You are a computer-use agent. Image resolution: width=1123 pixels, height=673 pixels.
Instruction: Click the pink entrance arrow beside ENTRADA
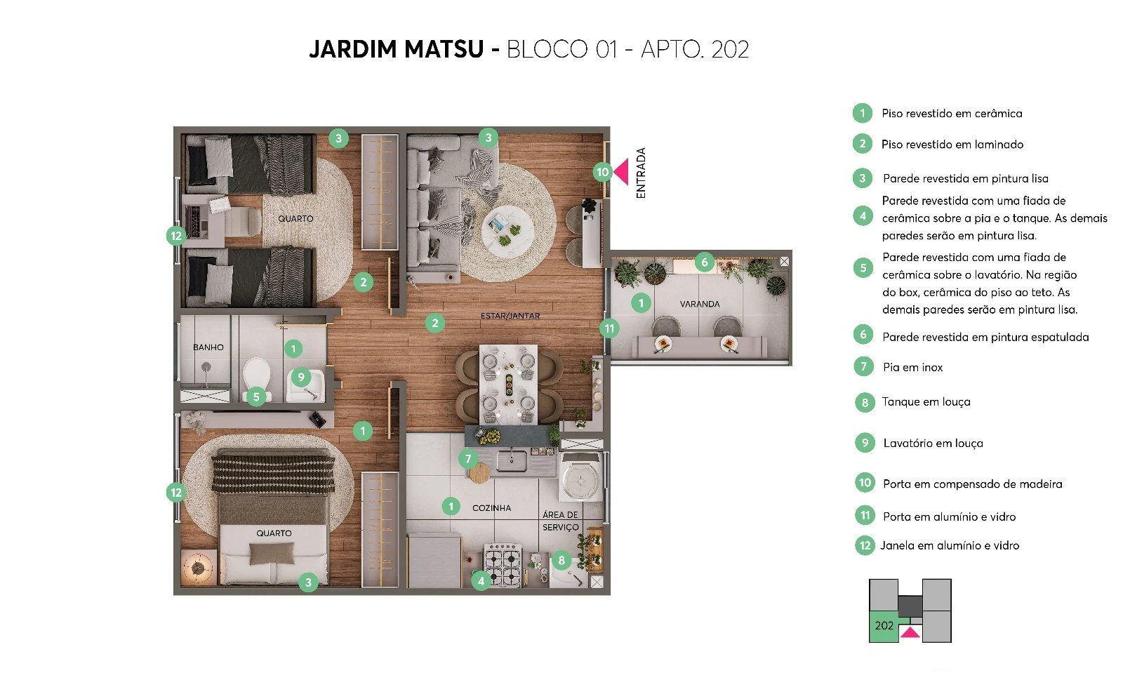pyautogui.click(x=622, y=172)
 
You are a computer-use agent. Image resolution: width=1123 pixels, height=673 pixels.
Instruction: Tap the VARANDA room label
pyautogui.click(x=700, y=304)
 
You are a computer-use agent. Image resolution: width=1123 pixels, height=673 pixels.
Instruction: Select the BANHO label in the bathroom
pyautogui.click(x=208, y=347)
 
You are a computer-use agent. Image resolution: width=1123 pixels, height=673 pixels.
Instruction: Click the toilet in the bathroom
pyautogui.click(x=256, y=374)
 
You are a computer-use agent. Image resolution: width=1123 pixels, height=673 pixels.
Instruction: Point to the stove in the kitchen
pyautogui.click(x=503, y=565)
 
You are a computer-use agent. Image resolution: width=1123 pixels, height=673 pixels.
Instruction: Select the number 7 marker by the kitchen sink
pyautogui.click(x=468, y=459)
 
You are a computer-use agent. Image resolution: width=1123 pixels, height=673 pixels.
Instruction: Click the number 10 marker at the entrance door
pyautogui.click(x=602, y=172)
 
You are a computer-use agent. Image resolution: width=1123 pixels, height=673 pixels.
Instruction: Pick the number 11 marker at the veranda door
pyautogui.click(x=609, y=328)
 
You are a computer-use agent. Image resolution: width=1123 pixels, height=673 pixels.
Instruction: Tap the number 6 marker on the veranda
pyautogui.click(x=705, y=262)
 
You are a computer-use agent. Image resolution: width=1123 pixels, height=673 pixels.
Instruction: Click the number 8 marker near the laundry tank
pyautogui.click(x=561, y=560)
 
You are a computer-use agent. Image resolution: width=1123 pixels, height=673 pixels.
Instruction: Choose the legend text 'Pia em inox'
pyautogui.click(x=912, y=367)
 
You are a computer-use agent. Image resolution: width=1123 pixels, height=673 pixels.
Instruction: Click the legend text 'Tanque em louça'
pyautogui.click(x=926, y=401)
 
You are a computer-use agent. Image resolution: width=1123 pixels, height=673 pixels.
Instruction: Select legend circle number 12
pyautogui.click(x=865, y=545)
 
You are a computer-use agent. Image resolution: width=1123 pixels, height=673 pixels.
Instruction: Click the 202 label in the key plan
pyautogui.click(x=884, y=625)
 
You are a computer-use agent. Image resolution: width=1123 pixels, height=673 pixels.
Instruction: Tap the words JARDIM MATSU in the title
pyautogui.click(x=396, y=49)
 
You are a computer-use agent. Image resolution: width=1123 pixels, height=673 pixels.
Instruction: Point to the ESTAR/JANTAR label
pyautogui.click(x=510, y=316)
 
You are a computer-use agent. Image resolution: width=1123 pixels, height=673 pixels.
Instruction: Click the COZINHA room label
pyautogui.click(x=491, y=507)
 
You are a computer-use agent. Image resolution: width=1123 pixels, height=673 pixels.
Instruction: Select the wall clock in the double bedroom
pyautogui.click(x=198, y=567)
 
